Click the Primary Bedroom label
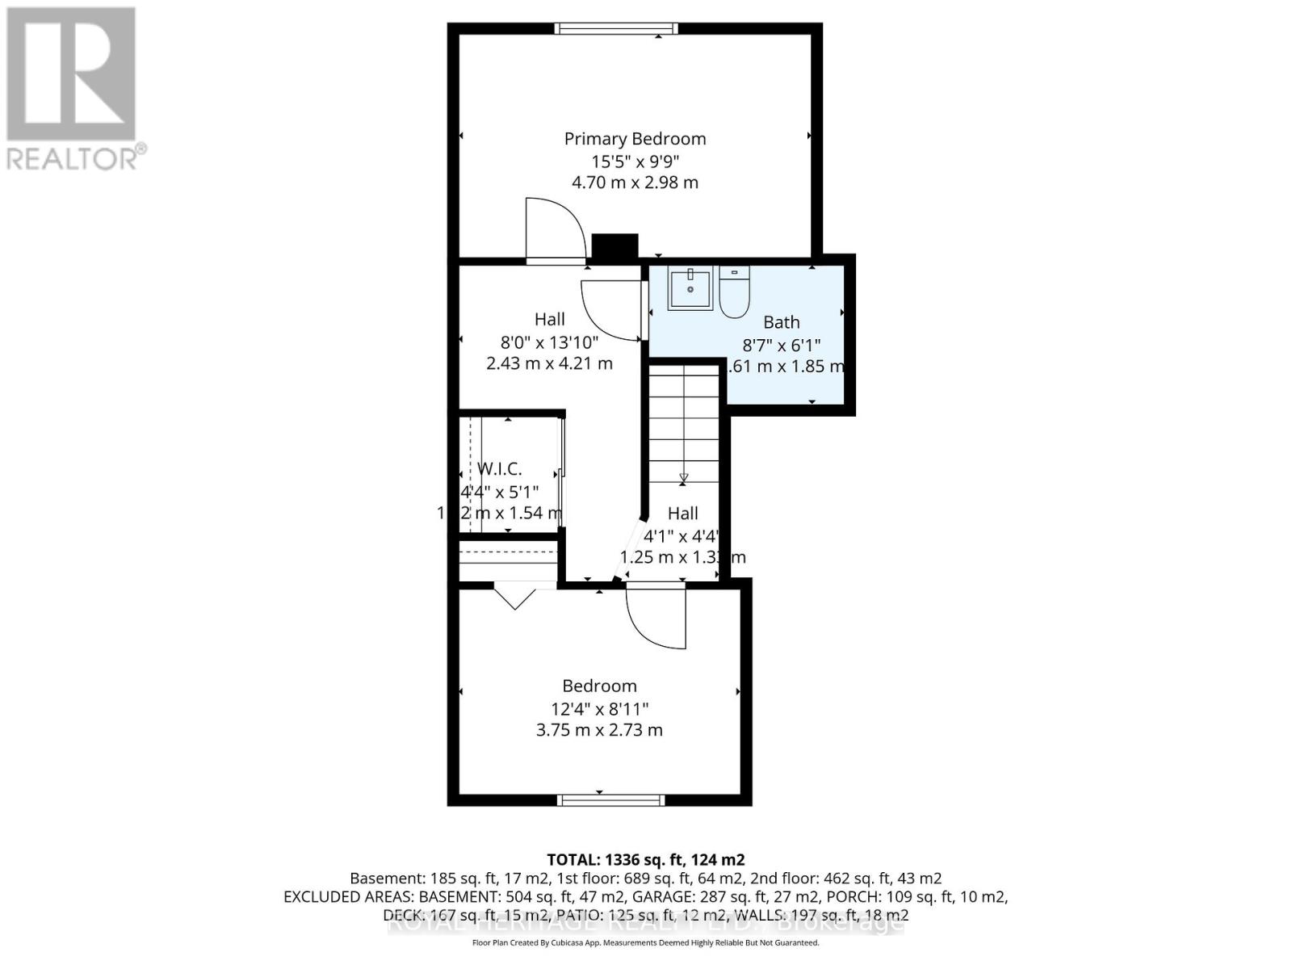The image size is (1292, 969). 635,139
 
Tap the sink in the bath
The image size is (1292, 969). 690,289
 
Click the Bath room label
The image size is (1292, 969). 781,322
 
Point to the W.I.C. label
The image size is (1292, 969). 499,468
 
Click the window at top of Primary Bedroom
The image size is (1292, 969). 615,29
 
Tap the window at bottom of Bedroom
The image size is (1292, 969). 611,800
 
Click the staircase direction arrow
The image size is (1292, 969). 683,478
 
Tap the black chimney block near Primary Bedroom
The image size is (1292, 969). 615,247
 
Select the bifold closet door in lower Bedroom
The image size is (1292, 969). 514,598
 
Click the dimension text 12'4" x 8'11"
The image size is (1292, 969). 599,709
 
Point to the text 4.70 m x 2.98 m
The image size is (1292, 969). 635,182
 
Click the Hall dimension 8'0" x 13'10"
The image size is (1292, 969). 549,342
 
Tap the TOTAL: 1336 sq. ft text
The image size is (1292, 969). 645,860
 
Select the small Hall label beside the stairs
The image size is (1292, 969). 682,514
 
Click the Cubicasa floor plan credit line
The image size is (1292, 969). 645,943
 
